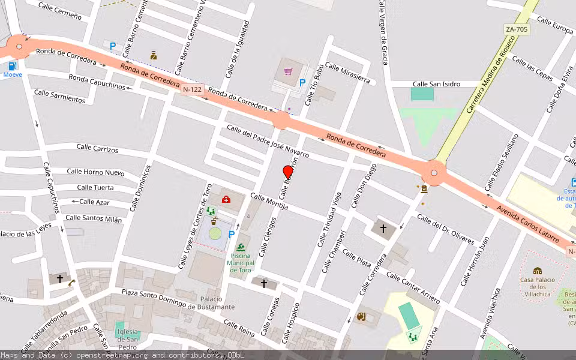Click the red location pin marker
[x=288, y=172]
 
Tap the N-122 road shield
[x=193, y=89]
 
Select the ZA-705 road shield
[x=517, y=29]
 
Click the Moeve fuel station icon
[x=12, y=66]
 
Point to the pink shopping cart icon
[x=289, y=71]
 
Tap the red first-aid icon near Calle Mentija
[x=226, y=199]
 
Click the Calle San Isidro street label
[x=436, y=84]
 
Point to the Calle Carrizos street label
[x=97, y=148]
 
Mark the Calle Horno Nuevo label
[x=95, y=172]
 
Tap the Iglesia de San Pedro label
[x=128, y=335]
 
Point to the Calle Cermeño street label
[x=59, y=11]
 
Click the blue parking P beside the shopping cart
[x=302, y=83]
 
